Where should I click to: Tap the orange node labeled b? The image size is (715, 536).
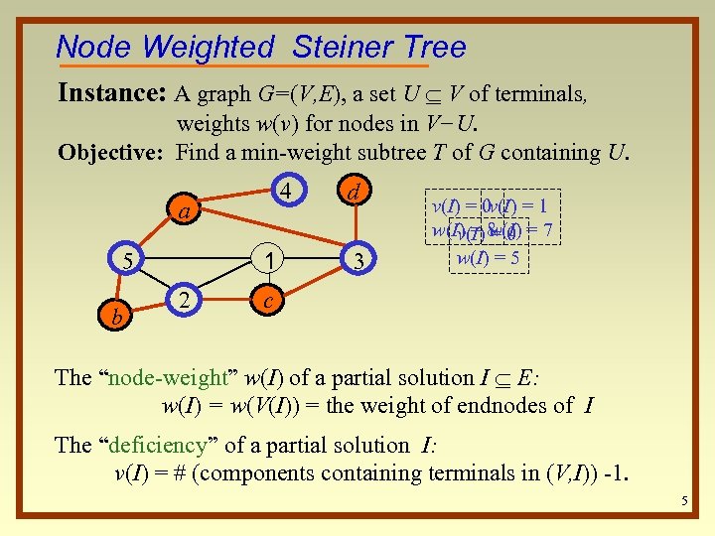118,316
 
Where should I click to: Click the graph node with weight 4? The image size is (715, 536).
285,189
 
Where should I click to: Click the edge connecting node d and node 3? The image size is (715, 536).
358,224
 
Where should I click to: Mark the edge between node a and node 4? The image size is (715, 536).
233,200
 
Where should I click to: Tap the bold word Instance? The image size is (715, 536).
112,94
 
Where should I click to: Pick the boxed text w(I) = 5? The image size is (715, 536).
488,258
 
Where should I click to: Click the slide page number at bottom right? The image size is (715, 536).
684,501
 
